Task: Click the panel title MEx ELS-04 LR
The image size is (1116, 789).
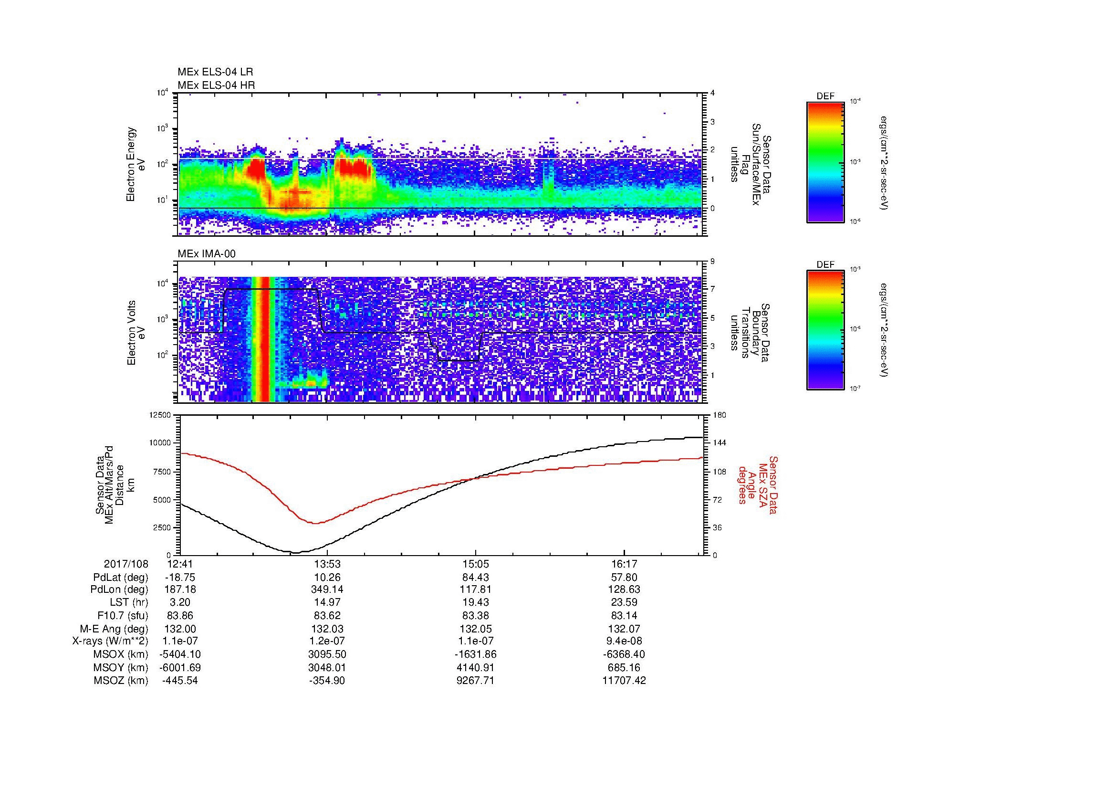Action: (x=215, y=72)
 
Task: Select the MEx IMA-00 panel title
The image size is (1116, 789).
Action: (x=207, y=254)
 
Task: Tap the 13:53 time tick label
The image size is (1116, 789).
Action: (x=328, y=564)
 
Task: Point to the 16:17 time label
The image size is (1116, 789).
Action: (x=624, y=564)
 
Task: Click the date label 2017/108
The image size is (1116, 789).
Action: (x=126, y=564)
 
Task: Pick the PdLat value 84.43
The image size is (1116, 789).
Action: (x=476, y=578)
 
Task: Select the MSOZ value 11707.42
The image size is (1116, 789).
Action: (x=624, y=681)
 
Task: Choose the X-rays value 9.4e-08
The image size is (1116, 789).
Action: (x=624, y=642)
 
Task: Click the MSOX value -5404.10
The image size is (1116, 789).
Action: (x=180, y=655)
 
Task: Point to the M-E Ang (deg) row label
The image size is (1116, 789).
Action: (x=114, y=629)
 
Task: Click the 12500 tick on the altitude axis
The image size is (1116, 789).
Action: (x=161, y=415)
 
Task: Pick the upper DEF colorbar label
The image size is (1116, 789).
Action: (x=825, y=96)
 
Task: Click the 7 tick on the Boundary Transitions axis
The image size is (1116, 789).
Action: (x=712, y=289)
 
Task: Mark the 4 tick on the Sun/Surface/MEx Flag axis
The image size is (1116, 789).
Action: (x=712, y=93)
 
